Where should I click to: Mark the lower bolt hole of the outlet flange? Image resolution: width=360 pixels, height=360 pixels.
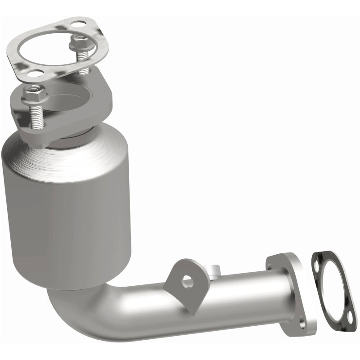click(301, 323)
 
